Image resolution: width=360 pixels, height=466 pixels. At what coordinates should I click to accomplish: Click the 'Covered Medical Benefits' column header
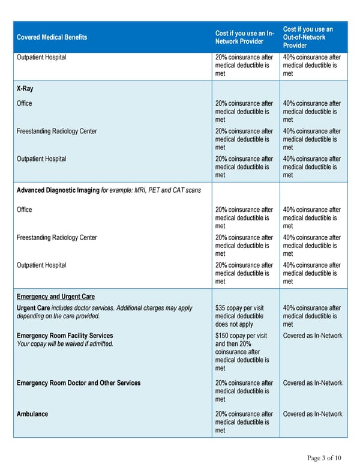[x=52, y=37]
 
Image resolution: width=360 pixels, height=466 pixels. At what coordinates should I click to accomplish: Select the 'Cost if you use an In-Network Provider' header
[x=243, y=37]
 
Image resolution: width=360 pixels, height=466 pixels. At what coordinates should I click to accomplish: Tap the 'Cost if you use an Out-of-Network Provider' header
[x=308, y=37]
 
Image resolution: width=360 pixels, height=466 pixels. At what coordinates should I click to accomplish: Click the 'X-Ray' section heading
[x=25, y=88]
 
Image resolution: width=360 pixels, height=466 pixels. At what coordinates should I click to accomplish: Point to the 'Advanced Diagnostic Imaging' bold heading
[x=58, y=191]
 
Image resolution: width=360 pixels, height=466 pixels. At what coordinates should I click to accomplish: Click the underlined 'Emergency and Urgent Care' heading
[x=55, y=297]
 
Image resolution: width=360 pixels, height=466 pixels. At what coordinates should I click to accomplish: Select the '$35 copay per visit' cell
[x=241, y=308]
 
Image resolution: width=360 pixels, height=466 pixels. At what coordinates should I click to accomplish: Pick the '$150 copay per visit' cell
[x=242, y=336]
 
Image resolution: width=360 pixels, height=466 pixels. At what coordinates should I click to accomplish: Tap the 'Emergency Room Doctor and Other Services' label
[x=79, y=383]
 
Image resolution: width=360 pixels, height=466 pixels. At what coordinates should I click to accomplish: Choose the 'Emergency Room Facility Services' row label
[x=65, y=336]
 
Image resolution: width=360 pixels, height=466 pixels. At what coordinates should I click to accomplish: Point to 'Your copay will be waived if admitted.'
[x=65, y=344]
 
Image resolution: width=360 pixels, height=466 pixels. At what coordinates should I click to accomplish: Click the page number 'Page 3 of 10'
[x=325, y=458]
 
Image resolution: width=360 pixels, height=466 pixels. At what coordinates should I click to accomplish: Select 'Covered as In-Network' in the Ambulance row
[x=313, y=414]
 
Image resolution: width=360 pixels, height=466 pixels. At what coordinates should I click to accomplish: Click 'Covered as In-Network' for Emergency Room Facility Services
[x=313, y=336]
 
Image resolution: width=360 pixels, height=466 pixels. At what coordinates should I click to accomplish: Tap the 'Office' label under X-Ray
[x=25, y=103]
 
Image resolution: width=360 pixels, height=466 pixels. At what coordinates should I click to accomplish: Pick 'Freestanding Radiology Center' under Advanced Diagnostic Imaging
[x=56, y=237]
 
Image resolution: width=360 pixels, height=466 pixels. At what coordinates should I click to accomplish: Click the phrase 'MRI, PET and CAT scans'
[x=164, y=191]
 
